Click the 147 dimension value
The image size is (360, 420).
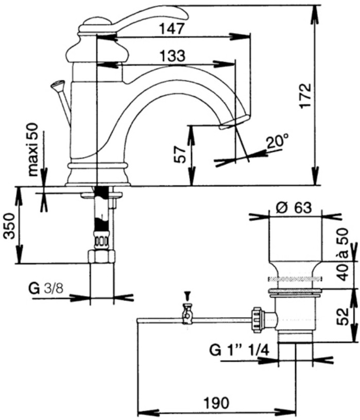[x=172, y=28]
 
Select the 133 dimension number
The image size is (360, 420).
[x=172, y=56]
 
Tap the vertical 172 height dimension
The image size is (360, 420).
[x=306, y=96]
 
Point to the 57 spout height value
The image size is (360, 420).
[x=180, y=154]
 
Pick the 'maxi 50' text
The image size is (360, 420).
[x=33, y=150]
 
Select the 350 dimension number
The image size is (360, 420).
[x=9, y=225]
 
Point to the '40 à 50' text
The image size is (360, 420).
[x=341, y=254]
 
